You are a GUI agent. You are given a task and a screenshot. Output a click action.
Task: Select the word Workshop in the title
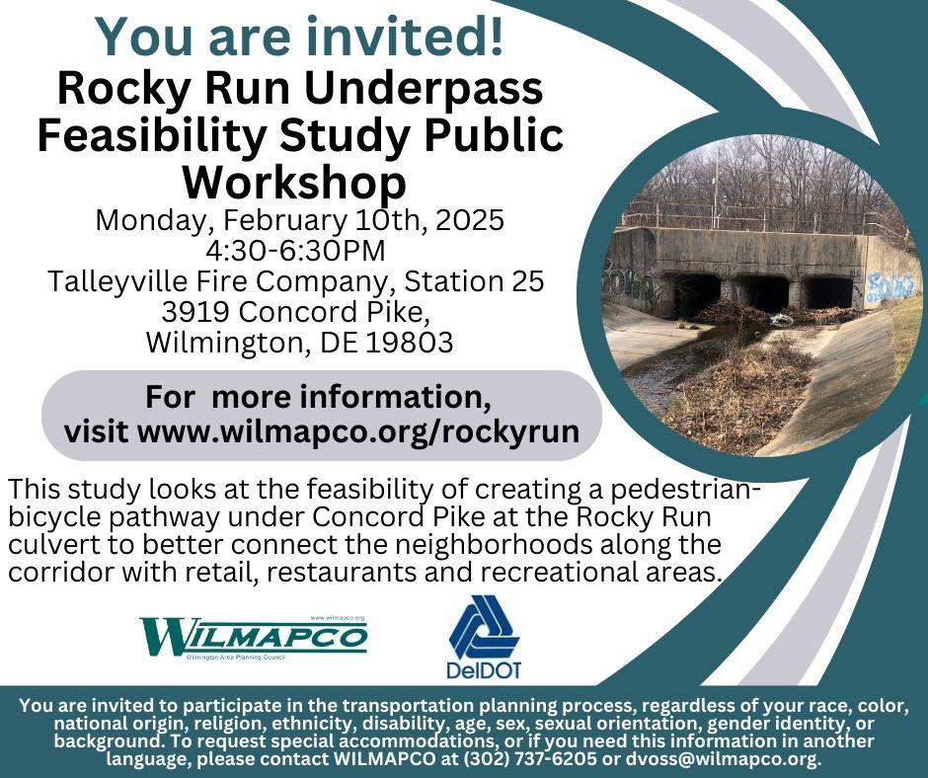tap(294, 182)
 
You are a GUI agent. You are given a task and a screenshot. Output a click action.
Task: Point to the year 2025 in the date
tap(470, 219)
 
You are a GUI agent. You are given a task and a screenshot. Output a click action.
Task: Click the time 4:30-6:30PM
tap(295, 251)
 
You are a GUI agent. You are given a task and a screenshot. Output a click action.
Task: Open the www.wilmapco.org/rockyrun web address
tap(358, 431)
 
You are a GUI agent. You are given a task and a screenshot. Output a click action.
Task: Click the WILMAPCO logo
tap(254, 638)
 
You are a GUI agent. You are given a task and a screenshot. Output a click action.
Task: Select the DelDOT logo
tap(484, 638)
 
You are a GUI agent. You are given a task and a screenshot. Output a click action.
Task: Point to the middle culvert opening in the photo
tap(763, 292)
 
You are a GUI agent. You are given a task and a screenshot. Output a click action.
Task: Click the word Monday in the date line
tap(156, 221)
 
